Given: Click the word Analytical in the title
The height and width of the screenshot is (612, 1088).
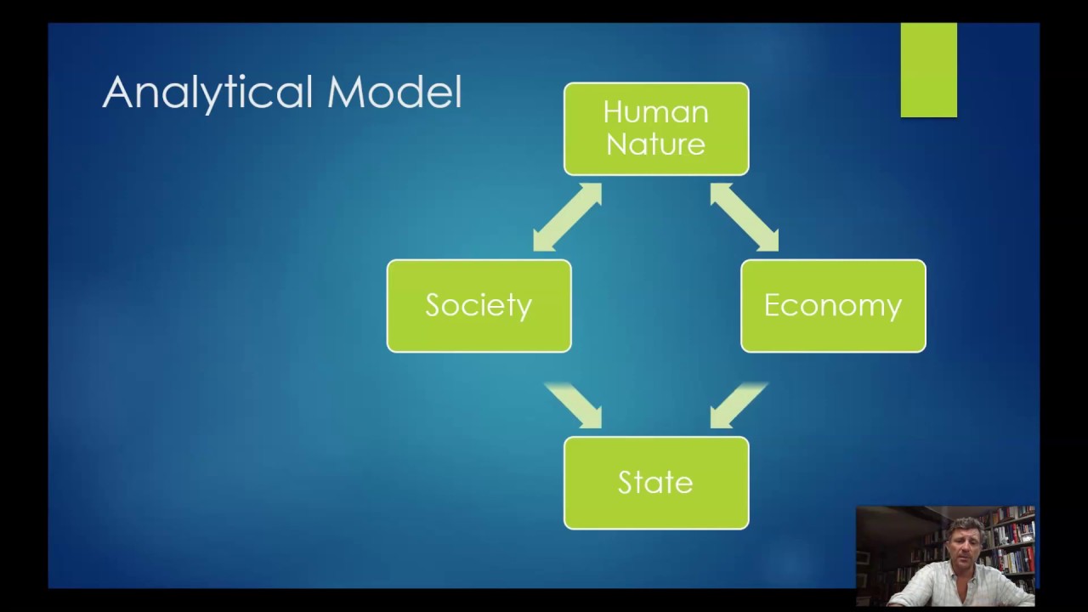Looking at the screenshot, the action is pos(207,93).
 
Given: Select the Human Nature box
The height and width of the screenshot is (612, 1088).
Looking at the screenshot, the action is pos(656,128).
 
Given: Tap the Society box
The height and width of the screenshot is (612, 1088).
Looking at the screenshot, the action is pos(479,306).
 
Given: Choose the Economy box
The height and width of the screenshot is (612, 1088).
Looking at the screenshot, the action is pos(833,306).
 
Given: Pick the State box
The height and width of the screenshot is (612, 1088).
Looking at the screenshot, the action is pos(656,483).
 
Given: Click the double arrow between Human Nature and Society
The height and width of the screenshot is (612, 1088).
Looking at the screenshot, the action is pos(567,217).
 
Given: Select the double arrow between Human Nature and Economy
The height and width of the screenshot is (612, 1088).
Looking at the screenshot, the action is pos(745,217).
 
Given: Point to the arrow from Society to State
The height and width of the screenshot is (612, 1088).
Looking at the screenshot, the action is pos(574,405).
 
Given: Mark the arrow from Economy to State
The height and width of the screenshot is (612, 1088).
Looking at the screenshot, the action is pos(739,405).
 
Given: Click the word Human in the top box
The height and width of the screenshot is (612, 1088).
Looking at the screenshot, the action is pos(655,113).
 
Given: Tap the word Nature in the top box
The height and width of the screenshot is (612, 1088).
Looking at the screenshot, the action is pos(655,144).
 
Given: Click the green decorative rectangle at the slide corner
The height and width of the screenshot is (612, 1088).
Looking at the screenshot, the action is pos(929,70).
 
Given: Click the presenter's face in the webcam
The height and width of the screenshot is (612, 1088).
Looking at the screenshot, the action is pos(963,547).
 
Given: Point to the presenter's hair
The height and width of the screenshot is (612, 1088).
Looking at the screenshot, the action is pos(965,527).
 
